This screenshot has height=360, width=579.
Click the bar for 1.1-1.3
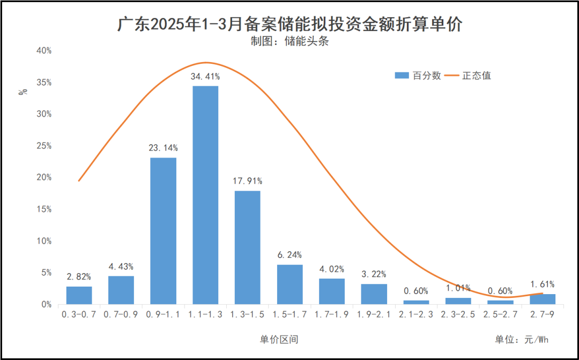click(x=205, y=195)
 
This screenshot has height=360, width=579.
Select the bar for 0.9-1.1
click(x=163, y=231)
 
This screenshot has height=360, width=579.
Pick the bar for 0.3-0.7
click(x=79, y=295)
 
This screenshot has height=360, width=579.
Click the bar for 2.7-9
click(x=542, y=299)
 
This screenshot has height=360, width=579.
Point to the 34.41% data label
click(x=205, y=77)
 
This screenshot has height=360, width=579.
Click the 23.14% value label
click(x=163, y=148)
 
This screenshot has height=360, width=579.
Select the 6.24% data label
click(x=289, y=255)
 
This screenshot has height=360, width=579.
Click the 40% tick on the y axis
click(x=43, y=51)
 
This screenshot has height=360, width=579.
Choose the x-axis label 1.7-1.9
click(x=331, y=315)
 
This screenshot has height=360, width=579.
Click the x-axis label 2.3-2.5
click(x=458, y=315)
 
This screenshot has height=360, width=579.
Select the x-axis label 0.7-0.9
click(x=121, y=315)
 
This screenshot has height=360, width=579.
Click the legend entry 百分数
click(x=418, y=76)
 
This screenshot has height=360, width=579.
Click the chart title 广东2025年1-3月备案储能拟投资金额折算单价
click(x=289, y=25)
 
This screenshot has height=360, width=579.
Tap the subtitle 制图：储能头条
click(x=289, y=42)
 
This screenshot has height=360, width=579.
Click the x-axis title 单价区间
click(x=279, y=340)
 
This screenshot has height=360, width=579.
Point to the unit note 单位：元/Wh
click(x=522, y=340)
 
